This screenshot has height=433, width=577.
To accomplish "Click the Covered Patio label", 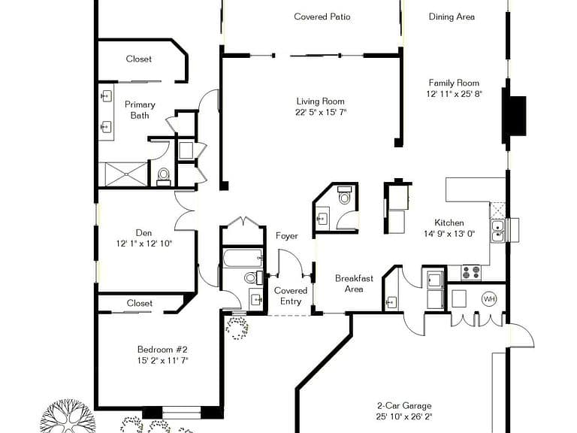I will coord(322,17).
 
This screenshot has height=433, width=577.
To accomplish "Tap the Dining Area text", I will coord(452,17).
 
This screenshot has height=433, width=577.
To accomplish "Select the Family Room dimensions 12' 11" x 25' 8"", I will coord(454,94).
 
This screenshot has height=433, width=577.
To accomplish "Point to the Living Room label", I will coord(320,101).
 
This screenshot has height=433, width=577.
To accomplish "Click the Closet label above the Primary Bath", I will coord(138,59).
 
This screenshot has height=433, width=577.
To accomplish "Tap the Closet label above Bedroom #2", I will coord(139,303).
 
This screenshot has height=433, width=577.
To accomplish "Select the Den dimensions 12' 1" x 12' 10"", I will coord(144,244).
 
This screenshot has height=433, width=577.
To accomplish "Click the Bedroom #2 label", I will coord(162,349).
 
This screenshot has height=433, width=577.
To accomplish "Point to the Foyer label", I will coord(286,236).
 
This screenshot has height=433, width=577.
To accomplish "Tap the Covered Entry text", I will coord(291,295).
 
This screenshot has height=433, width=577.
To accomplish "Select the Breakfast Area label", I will coord(354,283).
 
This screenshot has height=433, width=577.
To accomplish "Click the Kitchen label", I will coord(449,223).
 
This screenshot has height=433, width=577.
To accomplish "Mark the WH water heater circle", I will coord(489,298).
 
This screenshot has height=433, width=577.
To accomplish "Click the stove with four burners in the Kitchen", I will coord(470,273).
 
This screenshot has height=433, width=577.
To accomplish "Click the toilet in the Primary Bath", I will coord(164,177).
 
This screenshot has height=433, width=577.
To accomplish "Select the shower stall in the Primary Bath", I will coord(124,174).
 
